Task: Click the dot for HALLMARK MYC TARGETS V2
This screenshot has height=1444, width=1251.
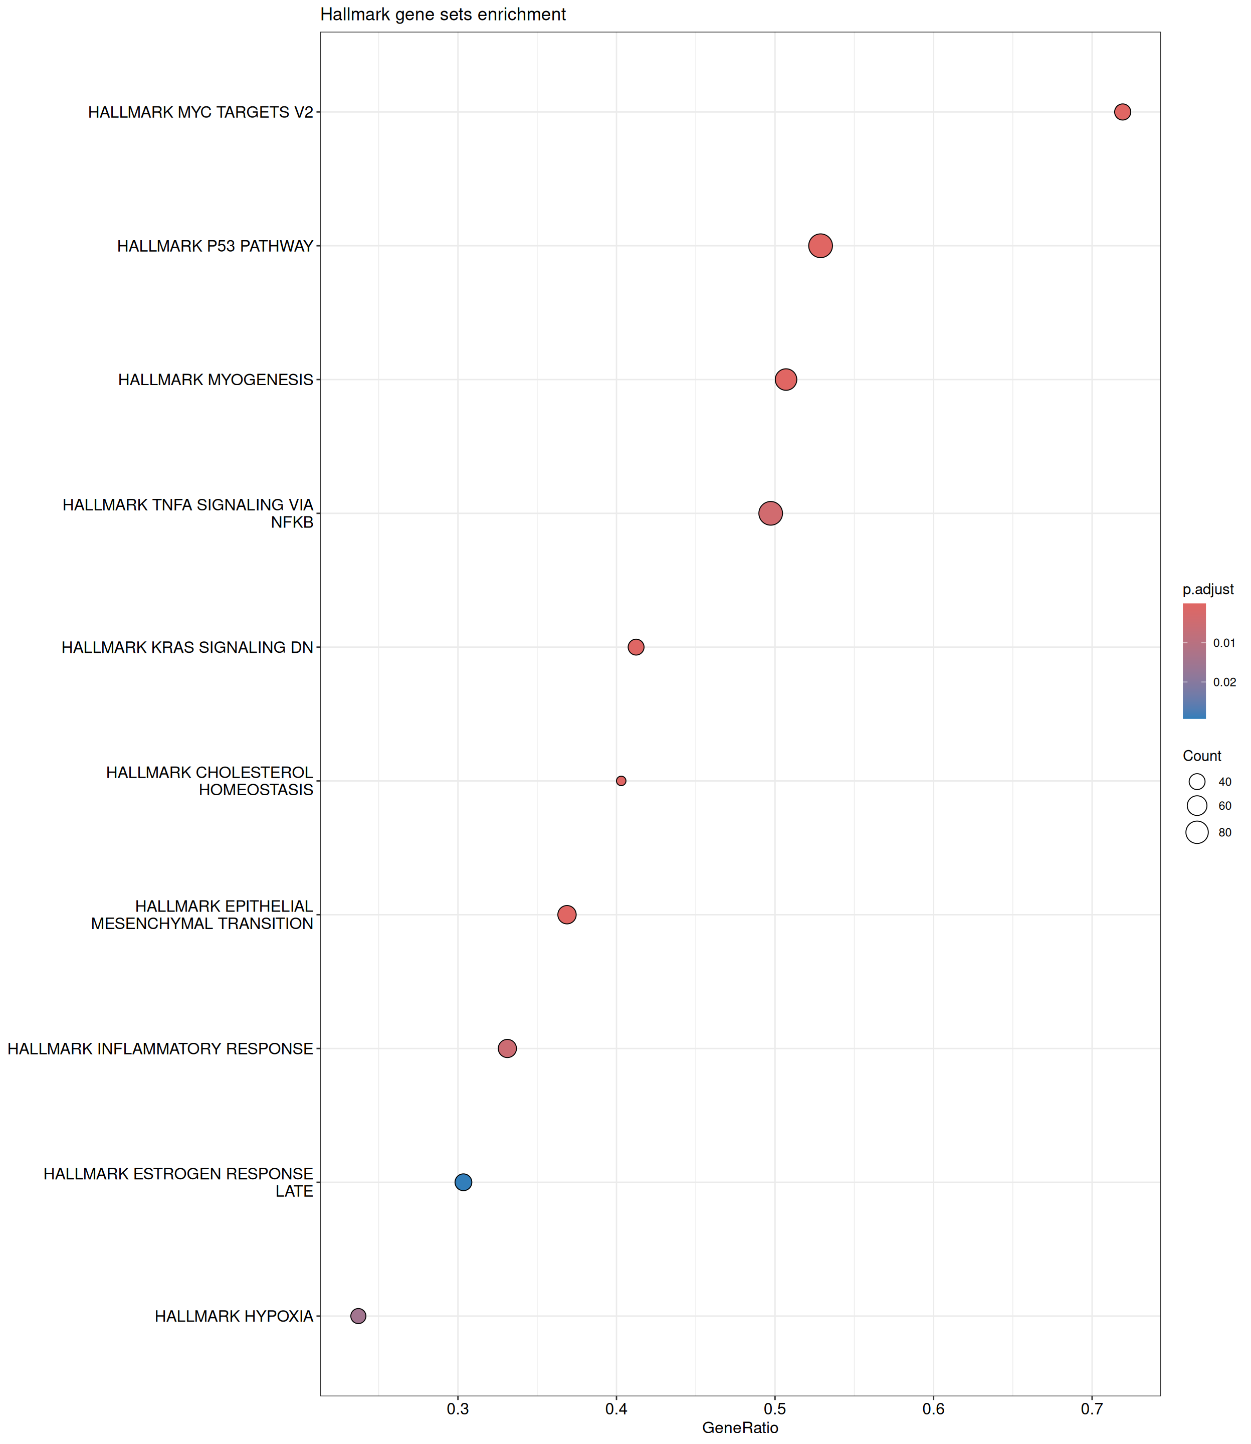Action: point(1122,112)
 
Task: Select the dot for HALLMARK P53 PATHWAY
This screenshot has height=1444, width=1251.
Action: point(820,246)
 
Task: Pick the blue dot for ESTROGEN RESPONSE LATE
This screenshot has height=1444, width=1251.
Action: point(463,1182)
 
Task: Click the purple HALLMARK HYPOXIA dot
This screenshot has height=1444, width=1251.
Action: point(358,1316)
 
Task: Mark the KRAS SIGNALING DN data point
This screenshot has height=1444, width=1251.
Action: point(636,647)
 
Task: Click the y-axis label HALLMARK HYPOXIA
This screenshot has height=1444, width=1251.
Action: point(234,1316)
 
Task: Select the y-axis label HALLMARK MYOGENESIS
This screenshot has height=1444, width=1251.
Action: point(216,380)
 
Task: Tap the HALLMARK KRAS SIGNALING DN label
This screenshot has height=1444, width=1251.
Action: point(187,647)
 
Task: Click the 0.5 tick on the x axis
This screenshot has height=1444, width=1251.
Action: point(775,1409)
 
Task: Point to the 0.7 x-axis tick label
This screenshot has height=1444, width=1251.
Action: point(1092,1409)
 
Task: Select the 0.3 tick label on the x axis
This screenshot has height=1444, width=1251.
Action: point(458,1409)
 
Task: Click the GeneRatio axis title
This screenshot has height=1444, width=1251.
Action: point(740,1428)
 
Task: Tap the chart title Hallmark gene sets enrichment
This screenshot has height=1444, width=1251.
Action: point(443,15)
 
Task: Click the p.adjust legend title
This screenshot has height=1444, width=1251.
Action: point(1208,589)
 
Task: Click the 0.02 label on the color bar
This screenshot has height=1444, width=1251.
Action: point(1224,682)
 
